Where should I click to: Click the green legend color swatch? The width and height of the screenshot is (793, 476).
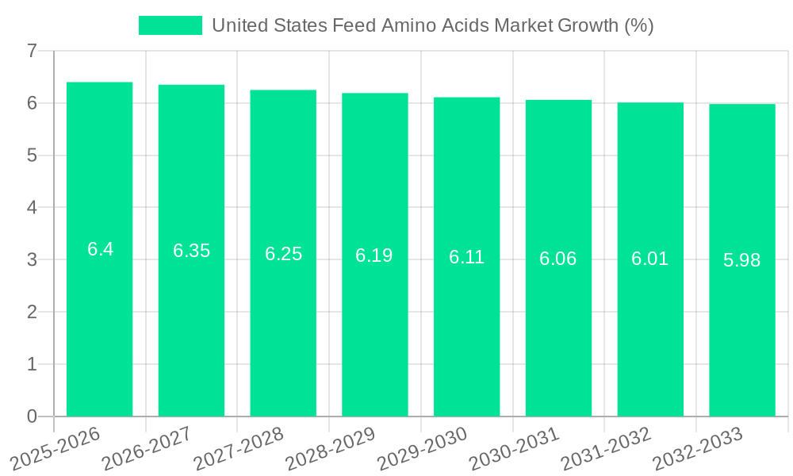170,25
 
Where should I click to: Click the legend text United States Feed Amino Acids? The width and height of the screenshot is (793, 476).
432,25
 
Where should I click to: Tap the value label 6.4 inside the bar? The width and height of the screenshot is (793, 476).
100,249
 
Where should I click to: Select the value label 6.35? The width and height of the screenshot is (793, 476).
191,251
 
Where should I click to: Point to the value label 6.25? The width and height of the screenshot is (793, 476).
283,254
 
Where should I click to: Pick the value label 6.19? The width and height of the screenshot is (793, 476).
374,255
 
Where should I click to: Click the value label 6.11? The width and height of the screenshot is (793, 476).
466,257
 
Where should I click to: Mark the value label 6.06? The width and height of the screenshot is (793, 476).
558,259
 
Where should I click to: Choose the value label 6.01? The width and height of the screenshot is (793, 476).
649,259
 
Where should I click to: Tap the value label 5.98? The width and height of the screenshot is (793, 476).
741,260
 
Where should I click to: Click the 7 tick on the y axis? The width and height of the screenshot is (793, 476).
32,51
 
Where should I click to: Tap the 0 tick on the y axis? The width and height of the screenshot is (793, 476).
32,416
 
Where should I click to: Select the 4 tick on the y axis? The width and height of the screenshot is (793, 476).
32,208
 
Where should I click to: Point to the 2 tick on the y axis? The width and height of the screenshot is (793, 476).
32,312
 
